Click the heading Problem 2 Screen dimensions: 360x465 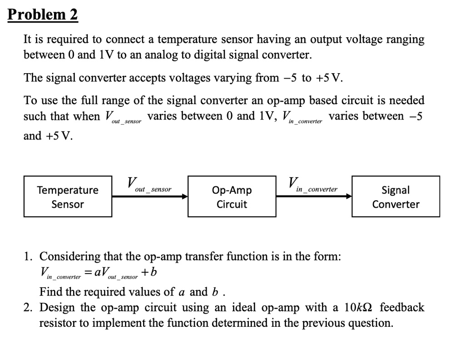pyautogui.click(x=43, y=15)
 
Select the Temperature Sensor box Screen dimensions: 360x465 pyautogui.click(x=68, y=196)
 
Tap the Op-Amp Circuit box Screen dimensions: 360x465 pyautogui.click(x=232, y=196)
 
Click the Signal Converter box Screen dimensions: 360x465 pyautogui.click(x=396, y=196)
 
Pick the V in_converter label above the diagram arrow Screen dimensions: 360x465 pyautogui.click(x=313, y=185)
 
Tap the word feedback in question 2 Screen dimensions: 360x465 pyautogui.click(x=402, y=308)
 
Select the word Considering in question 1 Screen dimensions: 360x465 pyautogui.click(x=70, y=256)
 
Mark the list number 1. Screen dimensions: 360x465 pyautogui.click(x=28, y=257)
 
